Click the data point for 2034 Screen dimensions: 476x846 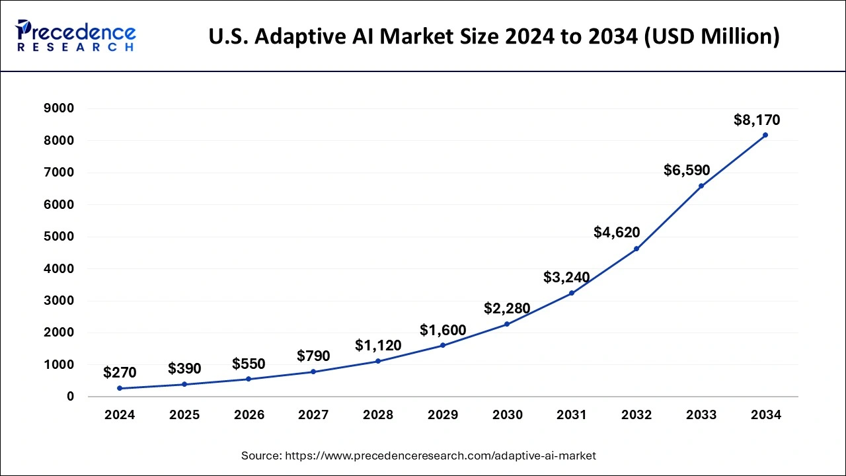[x=765, y=135]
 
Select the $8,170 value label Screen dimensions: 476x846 [x=757, y=120]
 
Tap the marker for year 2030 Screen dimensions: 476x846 [x=507, y=324]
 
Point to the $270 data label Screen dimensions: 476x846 [x=120, y=373]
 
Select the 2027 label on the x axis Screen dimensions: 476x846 [x=313, y=415]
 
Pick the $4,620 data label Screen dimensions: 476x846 [x=617, y=232]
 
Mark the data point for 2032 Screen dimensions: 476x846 [x=636, y=249]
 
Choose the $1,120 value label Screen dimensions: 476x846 [x=378, y=345]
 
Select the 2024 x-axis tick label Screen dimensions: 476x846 [x=120, y=415]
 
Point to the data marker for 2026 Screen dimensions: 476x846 [x=249, y=379]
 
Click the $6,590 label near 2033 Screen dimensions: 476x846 [x=687, y=171]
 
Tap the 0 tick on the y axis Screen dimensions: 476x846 [x=69, y=397]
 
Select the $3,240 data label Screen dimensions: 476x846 [x=566, y=278]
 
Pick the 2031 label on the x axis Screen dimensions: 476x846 [x=572, y=415]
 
